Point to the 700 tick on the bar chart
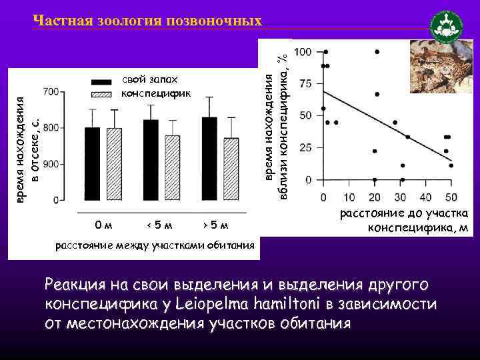coord(51,91)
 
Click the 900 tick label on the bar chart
coord(51,163)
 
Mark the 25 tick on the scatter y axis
coord(305,147)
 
